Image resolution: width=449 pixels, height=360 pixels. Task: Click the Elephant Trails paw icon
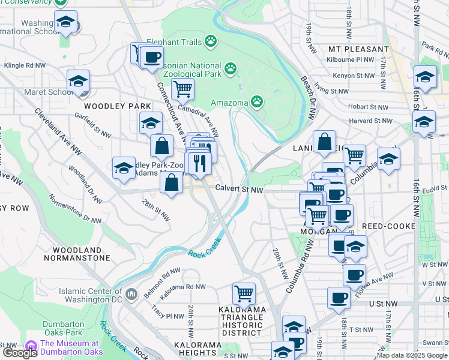tap(210, 41)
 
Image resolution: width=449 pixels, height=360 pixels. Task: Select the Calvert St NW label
tap(240, 190)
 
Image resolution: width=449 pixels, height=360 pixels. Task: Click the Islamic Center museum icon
tap(132, 294)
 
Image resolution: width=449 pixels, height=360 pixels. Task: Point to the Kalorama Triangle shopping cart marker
tap(244, 293)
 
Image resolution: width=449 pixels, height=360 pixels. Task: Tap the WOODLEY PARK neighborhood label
tap(118, 106)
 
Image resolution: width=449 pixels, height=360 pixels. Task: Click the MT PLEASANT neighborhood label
tap(358, 49)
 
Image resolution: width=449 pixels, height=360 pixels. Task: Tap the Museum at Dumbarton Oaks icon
tap(31, 346)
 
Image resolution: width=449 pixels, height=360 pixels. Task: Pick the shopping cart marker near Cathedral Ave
tap(182, 89)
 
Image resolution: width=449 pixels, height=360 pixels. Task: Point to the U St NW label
tap(383, 305)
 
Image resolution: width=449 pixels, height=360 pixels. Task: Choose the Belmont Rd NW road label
tap(162, 276)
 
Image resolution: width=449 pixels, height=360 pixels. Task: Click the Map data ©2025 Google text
tap(412, 355)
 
